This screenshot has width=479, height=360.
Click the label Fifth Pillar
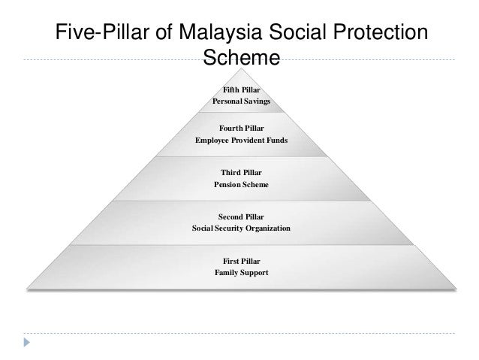coord(241,89)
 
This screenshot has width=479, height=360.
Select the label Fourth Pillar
coord(241,129)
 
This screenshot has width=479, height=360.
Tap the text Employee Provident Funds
coord(241,141)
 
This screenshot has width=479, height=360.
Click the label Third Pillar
coord(241,172)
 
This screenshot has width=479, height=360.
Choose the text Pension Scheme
coord(241,184)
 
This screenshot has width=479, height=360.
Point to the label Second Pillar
coord(241,216)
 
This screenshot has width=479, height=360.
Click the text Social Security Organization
coord(241,227)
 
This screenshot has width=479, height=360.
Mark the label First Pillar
coord(241,259)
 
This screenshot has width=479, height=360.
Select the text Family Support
coord(241,271)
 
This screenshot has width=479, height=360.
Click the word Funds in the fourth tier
coord(274,141)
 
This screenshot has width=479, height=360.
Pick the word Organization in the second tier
coord(266,227)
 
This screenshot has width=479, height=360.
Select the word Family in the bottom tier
coord(227,271)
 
